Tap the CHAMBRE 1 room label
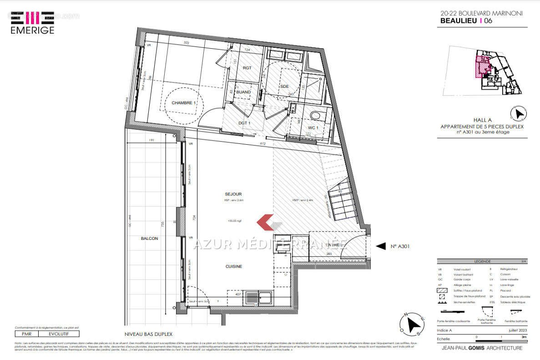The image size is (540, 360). [x=183, y=103]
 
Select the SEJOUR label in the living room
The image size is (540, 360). [x=233, y=194]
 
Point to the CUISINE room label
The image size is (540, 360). [x=234, y=266]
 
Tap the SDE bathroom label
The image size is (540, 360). [x=284, y=86]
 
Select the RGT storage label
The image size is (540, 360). [x=247, y=68]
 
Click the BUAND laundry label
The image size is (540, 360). [x=243, y=92]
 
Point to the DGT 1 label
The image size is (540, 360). [x=245, y=123]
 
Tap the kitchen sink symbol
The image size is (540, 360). [x=252, y=299]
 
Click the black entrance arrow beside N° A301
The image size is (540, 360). [x=380, y=246]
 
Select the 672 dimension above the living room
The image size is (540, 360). [x=262, y=144]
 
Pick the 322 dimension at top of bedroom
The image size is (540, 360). [x=185, y=43]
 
